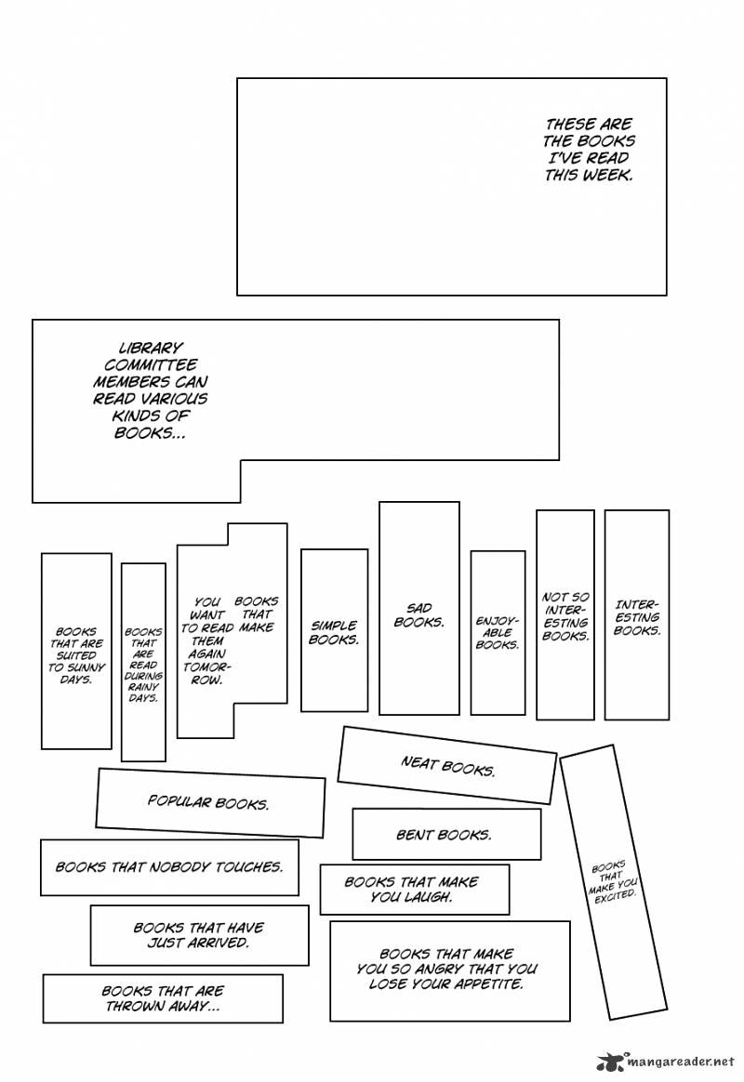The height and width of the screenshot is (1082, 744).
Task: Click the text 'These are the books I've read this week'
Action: [588, 149]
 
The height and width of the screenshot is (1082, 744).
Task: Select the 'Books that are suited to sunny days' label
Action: [76, 655]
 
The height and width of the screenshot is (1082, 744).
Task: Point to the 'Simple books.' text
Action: [334, 633]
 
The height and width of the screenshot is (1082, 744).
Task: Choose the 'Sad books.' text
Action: [418, 615]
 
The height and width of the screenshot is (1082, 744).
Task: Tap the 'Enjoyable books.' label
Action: [498, 632]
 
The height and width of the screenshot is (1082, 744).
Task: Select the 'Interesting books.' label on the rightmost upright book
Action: [637, 617]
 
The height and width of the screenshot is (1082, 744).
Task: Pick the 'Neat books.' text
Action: [447, 767]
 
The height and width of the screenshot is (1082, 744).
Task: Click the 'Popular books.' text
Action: [208, 802]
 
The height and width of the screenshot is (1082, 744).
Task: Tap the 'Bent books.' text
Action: [444, 835]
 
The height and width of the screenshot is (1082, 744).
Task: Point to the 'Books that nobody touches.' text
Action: [168, 866]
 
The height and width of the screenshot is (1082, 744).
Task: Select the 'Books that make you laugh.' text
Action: [411, 890]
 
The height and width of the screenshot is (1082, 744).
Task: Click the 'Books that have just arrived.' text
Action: [198, 934]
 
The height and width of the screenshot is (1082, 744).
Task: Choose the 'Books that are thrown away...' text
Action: [162, 998]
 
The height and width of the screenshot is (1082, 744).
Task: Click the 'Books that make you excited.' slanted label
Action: [613, 879]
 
